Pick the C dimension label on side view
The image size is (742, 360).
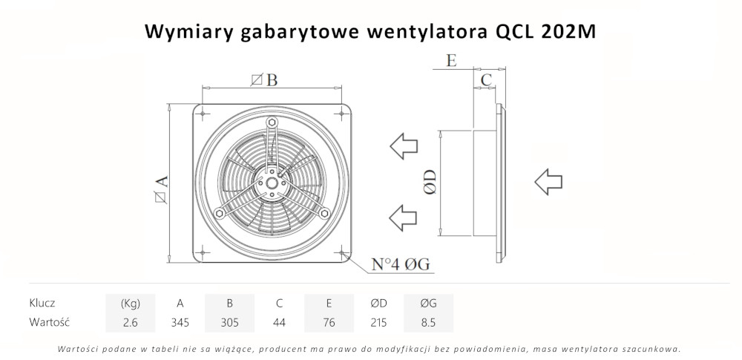coord(486,79)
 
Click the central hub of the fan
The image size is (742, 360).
coord(271,182)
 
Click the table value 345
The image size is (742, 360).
coord(180,322)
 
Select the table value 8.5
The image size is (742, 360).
coord(428,322)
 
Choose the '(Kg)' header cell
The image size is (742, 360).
coord(131,303)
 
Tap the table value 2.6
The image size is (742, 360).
coord(131,322)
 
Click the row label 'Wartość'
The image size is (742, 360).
coord(49,322)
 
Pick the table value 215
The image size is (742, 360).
coord(378,322)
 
